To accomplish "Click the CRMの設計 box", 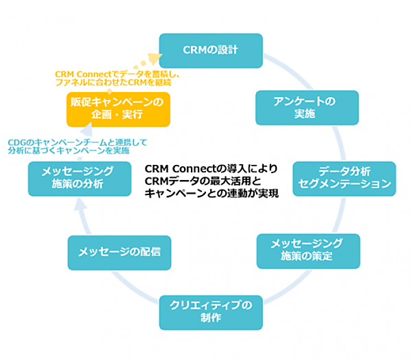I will coord(211,50).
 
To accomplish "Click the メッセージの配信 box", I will coord(119,252).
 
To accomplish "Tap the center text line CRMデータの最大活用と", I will coord(203,181).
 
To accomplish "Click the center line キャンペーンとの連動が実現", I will coord(211,193).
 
